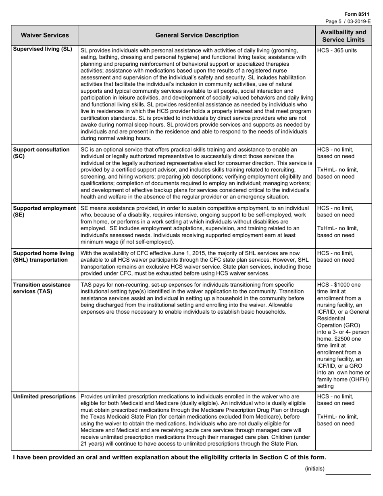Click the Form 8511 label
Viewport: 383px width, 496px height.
tap(360, 14)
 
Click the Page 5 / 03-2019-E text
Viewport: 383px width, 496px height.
tap(348, 21)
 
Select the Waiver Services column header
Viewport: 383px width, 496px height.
tap(45, 35)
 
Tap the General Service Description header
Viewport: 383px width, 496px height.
tap(197, 35)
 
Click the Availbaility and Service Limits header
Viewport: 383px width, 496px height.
tap(343, 35)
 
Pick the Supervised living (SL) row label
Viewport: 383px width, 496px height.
tap(42, 49)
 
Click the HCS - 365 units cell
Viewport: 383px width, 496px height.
tap(337, 50)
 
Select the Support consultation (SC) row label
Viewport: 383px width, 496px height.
tap(41, 152)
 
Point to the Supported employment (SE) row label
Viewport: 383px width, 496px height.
tap(44, 211)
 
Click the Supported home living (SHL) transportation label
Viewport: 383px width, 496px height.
tap(44, 256)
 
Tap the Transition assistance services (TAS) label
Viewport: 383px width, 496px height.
tap(42, 288)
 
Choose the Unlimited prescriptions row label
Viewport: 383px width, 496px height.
tap(44, 396)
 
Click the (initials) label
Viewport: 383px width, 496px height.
tap(314, 468)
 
